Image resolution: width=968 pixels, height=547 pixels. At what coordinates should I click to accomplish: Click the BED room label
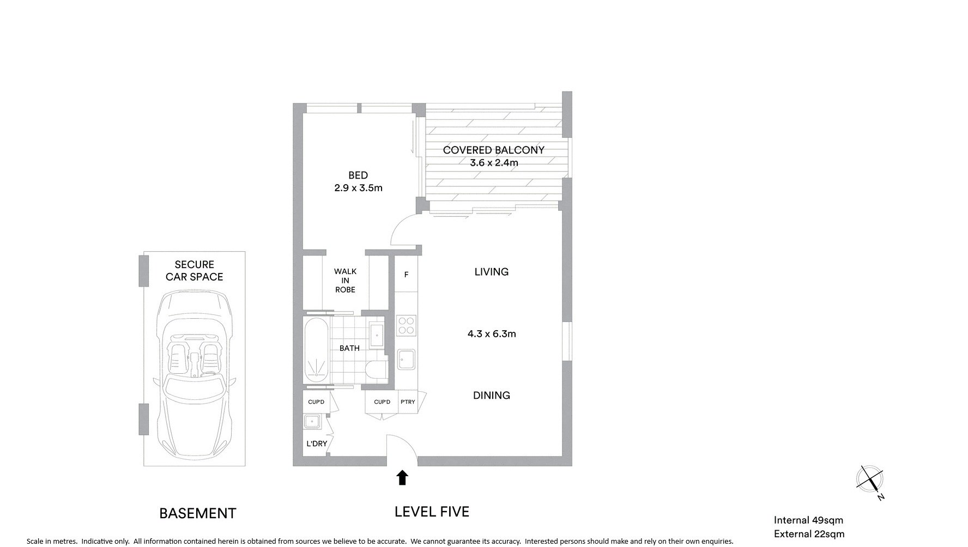coord(358,175)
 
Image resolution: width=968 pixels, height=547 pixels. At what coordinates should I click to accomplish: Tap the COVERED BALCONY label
coord(493,150)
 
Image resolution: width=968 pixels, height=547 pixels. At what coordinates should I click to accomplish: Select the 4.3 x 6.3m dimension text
coord(492,334)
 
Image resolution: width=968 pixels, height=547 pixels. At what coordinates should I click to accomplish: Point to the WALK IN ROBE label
coord(345,280)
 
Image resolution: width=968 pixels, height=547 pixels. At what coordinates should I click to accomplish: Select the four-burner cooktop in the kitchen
coord(406,325)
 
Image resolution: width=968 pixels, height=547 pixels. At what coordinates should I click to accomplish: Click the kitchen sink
coord(407,359)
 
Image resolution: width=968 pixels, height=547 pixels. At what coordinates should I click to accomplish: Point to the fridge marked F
coord(406,275)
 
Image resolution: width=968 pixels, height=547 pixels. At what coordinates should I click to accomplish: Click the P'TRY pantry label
coord(408,402)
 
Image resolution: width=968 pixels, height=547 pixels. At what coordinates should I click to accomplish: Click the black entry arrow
coord(402,478)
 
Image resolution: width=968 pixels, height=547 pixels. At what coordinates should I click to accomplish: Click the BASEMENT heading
coord(198,513)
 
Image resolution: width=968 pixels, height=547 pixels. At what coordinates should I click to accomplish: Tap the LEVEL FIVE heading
coord(432,512)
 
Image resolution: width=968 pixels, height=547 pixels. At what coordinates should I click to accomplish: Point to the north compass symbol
coord(870,481)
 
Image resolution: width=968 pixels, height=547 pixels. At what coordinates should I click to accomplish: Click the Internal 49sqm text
coord(808,520)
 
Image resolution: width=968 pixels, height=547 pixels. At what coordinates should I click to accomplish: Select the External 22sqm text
coord(809,534)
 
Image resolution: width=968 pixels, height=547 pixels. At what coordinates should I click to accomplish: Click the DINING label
coord(492,396)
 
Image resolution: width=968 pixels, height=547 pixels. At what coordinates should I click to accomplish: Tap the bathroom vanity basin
coord(377,335)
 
